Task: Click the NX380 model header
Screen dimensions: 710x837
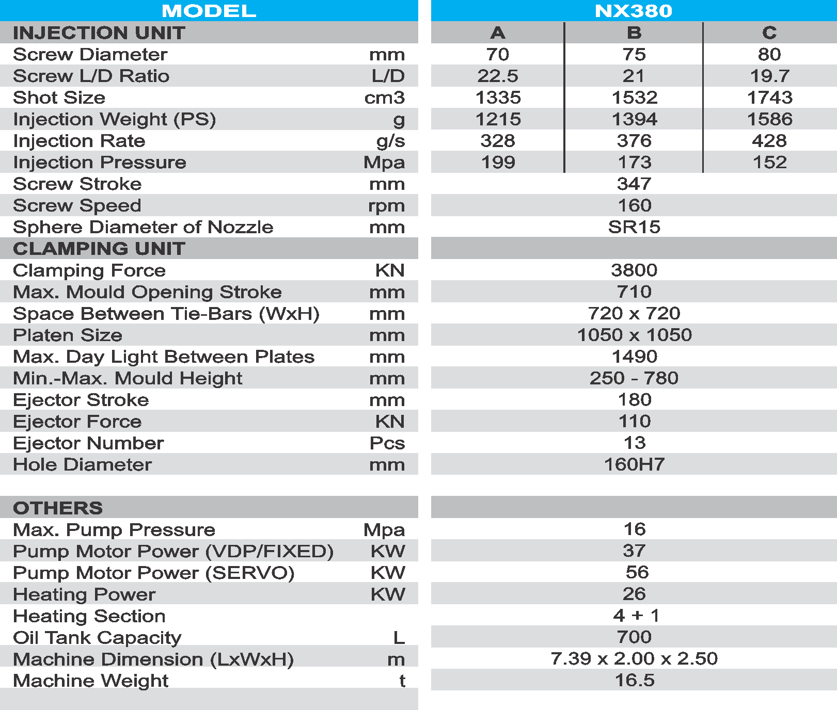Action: point(634,11)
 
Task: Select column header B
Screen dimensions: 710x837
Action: point(634,33)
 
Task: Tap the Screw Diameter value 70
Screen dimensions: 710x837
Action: point(497,54)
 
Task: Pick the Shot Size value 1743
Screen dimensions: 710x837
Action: point(769,98)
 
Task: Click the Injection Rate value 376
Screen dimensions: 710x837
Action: point(634,141)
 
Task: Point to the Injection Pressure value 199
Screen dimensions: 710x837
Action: point(498,163)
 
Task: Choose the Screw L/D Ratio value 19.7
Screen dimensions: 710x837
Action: point(769,76)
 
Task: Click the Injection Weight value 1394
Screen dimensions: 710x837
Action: point(634,119)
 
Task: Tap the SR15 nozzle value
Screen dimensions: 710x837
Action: point(634,227)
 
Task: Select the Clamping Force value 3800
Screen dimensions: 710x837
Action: point(634,270)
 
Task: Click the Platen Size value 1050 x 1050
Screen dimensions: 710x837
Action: point(634,335)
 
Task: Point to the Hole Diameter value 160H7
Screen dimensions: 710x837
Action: point(634,464)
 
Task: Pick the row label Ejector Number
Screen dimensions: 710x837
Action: point(88,443)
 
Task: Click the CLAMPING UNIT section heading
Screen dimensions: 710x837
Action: point(99,249)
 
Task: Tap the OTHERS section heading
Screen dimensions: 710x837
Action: point(58,508)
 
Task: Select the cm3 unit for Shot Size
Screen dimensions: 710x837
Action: point(384,98)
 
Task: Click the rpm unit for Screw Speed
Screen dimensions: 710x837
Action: point(386,206)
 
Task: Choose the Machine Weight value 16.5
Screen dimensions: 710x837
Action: point(634,680)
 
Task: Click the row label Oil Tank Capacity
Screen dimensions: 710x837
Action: point(97,638)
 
